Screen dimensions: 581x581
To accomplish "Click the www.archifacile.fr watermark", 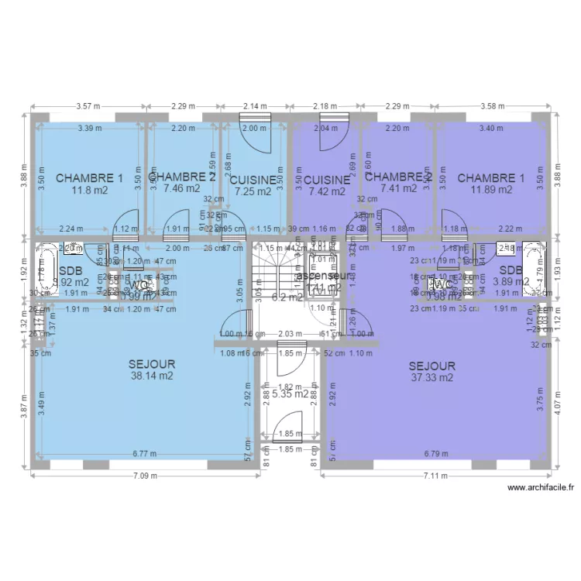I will [541, 487].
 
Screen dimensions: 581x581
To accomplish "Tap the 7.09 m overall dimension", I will [145, 476].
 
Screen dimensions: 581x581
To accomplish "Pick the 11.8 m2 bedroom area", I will [89, 189].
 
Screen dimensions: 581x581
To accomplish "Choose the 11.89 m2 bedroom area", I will [490, 189].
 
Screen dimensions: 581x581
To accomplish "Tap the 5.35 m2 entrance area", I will [290, 394].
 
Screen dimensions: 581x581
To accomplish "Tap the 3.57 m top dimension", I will [89, 106].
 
